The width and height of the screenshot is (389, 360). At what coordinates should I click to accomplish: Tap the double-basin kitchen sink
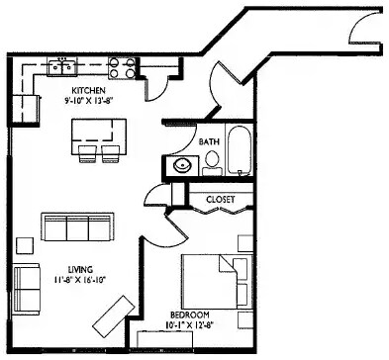coord(64,67)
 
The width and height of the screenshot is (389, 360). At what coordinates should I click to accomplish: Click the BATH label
coord(209,142)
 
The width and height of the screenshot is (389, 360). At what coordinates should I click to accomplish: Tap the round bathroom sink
coord(180,165)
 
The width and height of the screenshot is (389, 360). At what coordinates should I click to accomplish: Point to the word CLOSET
coord(220,199)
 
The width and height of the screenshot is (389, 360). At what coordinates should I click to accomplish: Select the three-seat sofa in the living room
coord(76,227)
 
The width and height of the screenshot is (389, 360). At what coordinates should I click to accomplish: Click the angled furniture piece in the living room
coord(106,316)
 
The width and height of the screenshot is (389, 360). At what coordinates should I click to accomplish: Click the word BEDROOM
coord(186,317)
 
